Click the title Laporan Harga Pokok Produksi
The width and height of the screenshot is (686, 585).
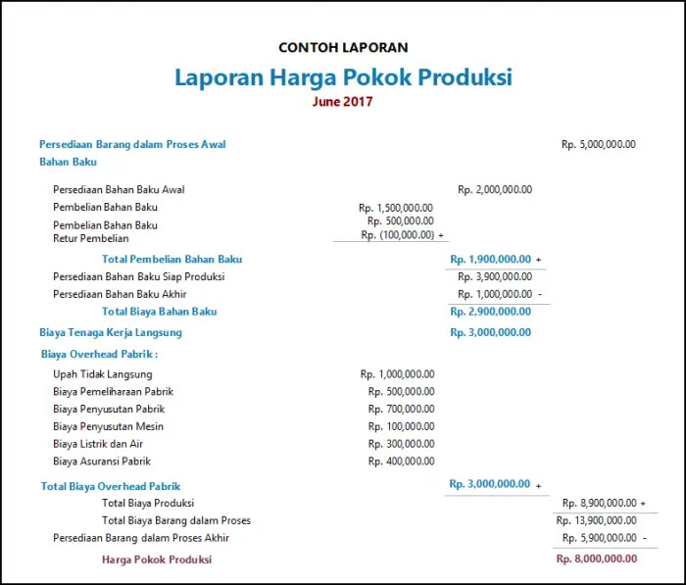343,77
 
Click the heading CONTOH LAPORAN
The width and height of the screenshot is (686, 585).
343,47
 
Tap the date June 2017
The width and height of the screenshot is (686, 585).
343,101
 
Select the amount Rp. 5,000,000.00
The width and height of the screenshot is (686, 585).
598,144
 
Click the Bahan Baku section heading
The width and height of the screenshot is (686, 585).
68,162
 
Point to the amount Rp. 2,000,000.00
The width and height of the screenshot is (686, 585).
495,189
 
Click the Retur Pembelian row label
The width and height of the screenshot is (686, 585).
90,238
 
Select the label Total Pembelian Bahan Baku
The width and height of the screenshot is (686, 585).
171,259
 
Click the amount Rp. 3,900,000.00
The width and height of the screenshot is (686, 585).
495,276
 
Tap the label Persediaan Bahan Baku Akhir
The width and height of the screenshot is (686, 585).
134,294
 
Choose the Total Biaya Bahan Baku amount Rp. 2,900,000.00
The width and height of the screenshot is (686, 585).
490,312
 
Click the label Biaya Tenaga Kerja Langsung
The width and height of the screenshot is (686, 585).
111,332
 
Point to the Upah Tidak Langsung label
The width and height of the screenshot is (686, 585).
103,374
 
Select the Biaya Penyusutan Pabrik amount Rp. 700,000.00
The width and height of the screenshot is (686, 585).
401,409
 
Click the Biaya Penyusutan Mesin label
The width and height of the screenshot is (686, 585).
108,426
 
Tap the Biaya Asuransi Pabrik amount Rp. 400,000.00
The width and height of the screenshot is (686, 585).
401,461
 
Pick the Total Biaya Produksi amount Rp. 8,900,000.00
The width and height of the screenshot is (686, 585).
599,503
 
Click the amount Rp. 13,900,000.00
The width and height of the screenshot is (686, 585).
596,520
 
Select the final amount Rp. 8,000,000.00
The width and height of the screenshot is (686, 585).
596,559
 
